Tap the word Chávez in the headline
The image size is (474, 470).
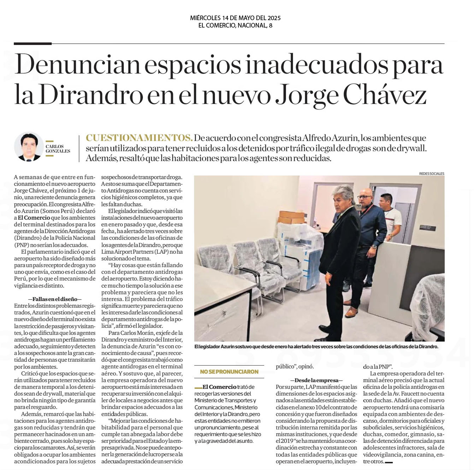[x=385, y=95]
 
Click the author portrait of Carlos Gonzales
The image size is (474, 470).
[x=28, y=147]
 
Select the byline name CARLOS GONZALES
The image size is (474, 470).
[x=58, y=149]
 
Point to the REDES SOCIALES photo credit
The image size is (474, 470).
[x=432, y=174]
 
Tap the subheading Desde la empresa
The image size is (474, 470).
[x=316, y=380]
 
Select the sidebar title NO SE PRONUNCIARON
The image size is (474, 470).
[x=229, y=372]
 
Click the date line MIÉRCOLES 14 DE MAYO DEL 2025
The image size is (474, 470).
[x=235, y=18]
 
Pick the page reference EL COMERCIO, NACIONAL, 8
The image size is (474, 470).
[x=235, y=25]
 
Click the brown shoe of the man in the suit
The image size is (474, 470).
[x=351, y=312]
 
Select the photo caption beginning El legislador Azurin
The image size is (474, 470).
[x=316, y=347]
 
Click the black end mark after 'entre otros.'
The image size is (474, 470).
[x=389, y=462]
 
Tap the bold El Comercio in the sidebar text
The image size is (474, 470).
[x=219, y=387]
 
